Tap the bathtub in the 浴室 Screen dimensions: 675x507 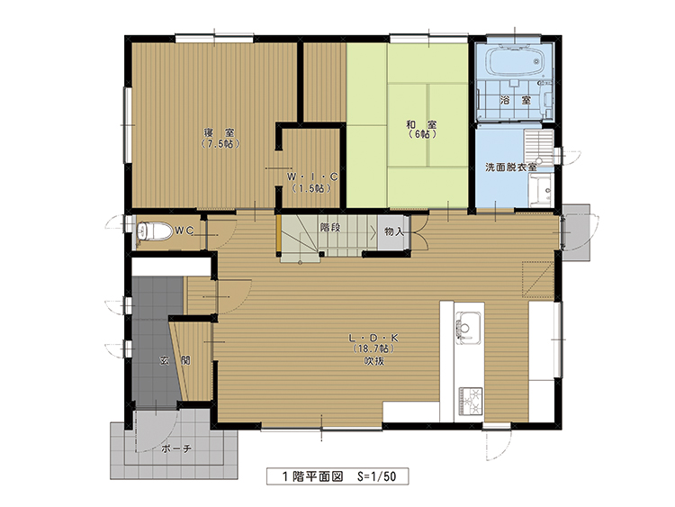point(515,61)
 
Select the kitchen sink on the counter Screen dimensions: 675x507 point(468,328)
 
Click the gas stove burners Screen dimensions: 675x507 point(471,402)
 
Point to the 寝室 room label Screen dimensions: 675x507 point(220,132)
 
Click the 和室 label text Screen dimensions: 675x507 point(421,124)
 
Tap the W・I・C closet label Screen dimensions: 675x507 point(312,177)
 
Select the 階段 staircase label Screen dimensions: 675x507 point(330,227)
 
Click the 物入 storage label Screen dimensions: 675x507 point(394,231)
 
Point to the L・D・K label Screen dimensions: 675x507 point(373,338)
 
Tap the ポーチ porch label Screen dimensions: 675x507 point(176,448)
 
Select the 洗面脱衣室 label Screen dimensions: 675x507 point(511,167)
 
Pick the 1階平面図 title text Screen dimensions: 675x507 point(312,476)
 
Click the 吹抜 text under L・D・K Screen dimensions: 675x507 point(374,361)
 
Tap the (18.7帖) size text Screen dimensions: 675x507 point(373,349)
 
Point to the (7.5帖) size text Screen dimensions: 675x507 point(220,144)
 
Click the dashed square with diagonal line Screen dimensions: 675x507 point(537,279)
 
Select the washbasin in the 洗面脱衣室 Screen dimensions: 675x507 point(541,189)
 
